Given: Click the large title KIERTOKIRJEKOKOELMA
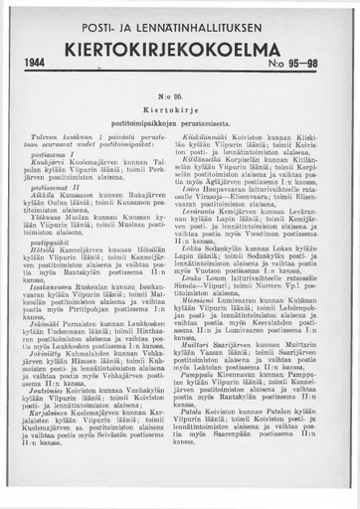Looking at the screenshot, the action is [x=178, y=45].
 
